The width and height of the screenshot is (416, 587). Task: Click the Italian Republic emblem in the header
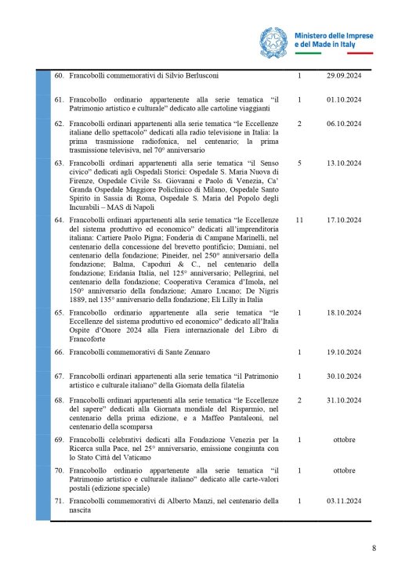(x=275, y=40)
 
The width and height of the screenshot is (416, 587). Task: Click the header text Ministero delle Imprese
(x=336, y=35)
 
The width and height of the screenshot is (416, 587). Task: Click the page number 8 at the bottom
(x=374, y=548)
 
